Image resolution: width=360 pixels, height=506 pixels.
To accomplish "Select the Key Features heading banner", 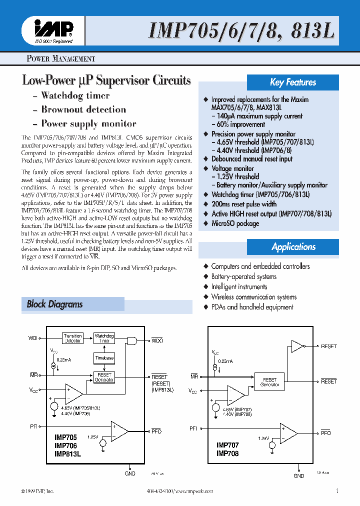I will click(x=293, y=82).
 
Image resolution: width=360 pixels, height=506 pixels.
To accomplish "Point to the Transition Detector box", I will click(x=73, y=338).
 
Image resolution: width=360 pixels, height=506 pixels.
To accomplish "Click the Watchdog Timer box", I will click(x=104, y=338).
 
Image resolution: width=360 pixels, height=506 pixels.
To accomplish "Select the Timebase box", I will click(x=104, y=358).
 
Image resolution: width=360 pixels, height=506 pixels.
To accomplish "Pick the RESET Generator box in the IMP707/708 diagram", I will click(x=269, y=382).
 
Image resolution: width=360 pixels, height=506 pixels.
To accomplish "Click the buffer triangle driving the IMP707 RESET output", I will click(x=297, y=346).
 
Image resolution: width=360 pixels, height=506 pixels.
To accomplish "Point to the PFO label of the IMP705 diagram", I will click(x=156, y=431).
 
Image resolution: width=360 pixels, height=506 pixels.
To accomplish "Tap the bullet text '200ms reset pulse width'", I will click(x=243, y=204).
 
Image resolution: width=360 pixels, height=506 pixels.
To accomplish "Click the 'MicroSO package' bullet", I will click(x=235, y=223).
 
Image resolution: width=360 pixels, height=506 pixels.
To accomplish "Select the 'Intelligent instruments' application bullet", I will click(x=239, y=287).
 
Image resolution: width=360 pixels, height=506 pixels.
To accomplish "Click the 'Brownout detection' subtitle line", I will click(x=83, y=109).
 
